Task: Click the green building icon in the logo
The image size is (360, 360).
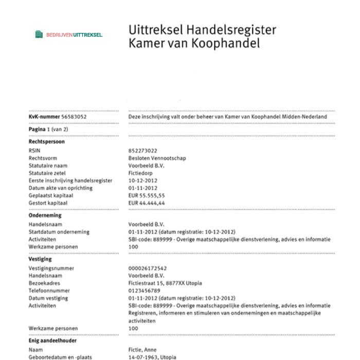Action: (39, 34)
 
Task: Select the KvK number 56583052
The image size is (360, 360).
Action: (74, 117)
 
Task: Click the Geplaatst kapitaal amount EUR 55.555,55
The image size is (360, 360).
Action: (147, 195)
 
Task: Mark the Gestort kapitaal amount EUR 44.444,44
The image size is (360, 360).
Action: (147, 203)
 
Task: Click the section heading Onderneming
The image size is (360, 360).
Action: (46, 216)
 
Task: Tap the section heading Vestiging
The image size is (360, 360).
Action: (41, 259)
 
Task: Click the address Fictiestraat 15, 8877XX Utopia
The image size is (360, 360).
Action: (165, 283)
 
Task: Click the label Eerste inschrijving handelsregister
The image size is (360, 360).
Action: (70, 181)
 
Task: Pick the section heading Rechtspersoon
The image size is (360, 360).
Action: (47, 141)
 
